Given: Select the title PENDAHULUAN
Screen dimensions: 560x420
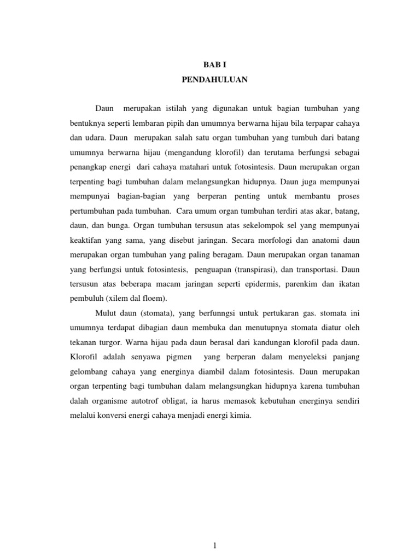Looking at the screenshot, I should click(x=214, y=80).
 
